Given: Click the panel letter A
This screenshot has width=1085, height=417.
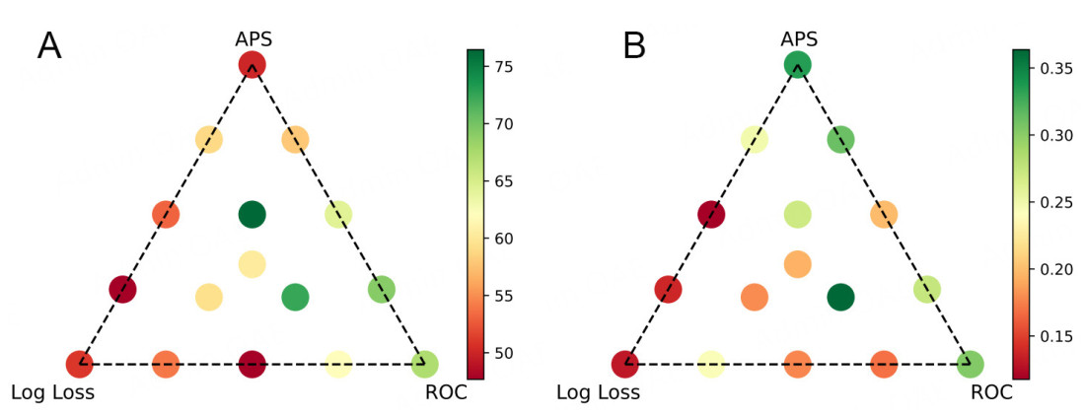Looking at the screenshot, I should (x=49, y=45).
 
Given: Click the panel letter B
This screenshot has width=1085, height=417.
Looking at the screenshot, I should (x=633, y=45).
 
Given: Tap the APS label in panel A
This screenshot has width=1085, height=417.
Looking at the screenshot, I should (x=253, y=38).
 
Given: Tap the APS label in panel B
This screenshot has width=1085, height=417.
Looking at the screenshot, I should (x=798, y=38).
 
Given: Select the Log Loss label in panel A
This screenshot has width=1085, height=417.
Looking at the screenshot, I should (x=52, y=392).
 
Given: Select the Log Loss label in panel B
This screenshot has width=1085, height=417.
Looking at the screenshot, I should (x=598, y=392).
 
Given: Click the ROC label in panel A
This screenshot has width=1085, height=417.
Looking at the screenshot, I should (x=446, y=392).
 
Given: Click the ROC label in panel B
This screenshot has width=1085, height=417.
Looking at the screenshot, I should (x=991, y=392).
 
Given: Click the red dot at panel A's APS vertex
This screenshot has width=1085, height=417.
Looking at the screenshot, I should (x=253, y=66).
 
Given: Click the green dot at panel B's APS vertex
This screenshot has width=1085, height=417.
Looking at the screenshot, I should (x=798, y=66).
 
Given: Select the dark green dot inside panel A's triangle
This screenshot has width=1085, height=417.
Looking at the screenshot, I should (x=253, y=214).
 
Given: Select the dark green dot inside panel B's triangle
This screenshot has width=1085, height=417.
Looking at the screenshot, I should (x=840, y=296).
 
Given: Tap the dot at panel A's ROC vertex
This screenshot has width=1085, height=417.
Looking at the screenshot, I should (x=425, y=364).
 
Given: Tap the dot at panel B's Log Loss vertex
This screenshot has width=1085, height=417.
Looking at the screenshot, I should (x=624, y=364).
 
